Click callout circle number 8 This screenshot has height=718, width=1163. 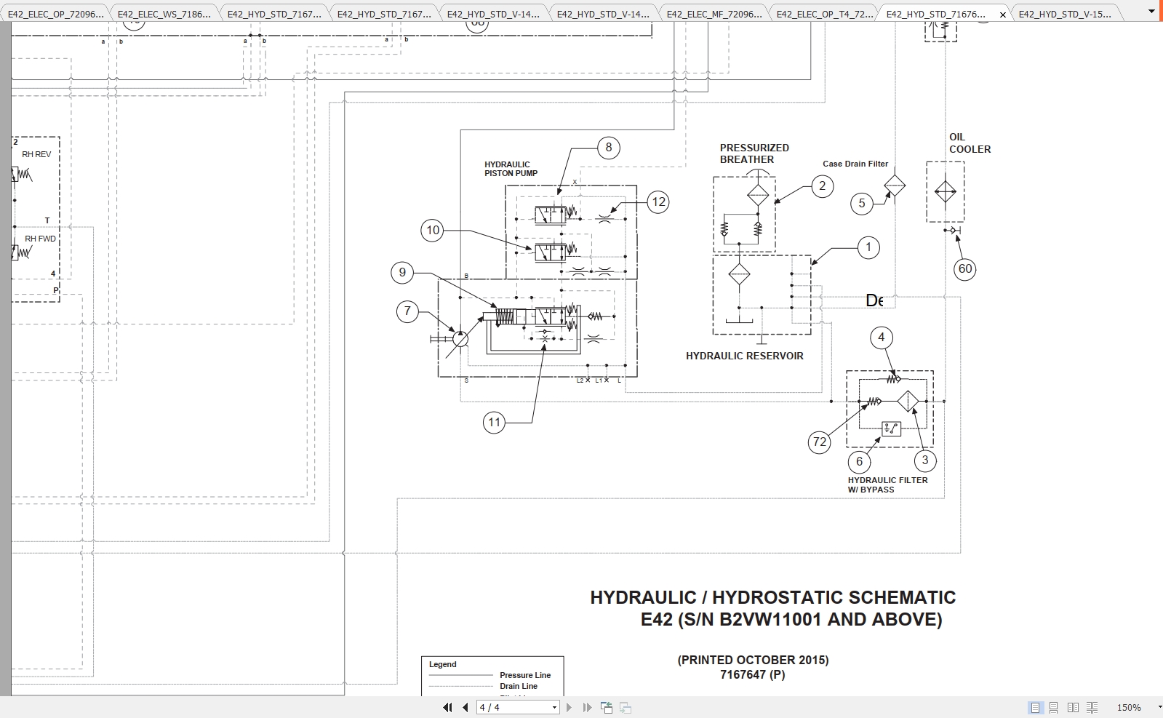609,148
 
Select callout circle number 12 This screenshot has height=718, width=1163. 658,202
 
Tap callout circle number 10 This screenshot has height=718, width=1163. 433,231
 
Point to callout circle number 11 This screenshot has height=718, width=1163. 495,422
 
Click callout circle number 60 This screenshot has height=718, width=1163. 965,269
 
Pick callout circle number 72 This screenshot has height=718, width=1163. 820,442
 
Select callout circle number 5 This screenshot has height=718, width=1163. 862,204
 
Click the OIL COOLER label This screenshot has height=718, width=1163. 969,143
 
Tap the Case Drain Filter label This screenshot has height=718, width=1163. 855,164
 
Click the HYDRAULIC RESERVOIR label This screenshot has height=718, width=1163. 744,356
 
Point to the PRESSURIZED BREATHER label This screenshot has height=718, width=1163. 754,153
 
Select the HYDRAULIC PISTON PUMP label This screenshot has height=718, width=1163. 511,169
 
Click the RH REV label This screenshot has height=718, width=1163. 36,154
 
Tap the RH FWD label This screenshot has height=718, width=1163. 40,239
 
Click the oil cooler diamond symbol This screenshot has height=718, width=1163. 946,192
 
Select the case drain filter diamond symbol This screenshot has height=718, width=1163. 895,186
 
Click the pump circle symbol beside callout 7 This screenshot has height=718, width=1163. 460,338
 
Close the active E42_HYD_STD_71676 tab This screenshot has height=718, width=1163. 1003,14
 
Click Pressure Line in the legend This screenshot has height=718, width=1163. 524,675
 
